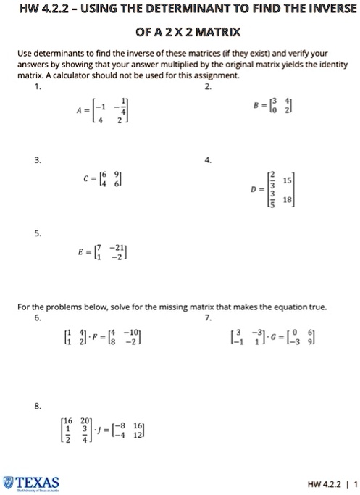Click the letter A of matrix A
point(69,112)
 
